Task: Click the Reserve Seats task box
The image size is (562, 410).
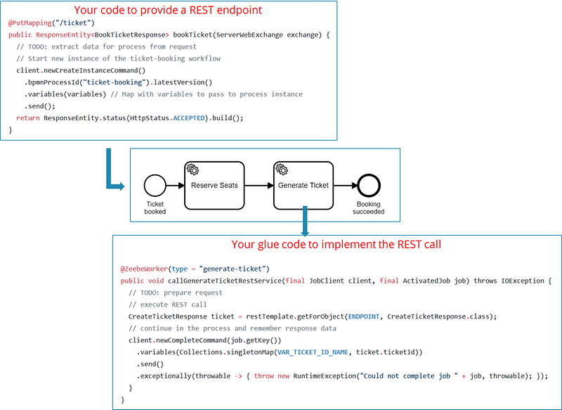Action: pos(214,186)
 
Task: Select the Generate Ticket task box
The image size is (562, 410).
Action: pos(303,186)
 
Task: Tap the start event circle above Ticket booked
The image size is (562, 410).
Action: pos(155,186)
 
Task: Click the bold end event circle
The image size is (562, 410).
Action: pos(368,186)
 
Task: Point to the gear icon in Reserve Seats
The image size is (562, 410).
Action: pos(192,169)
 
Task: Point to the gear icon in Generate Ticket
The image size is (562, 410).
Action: pos(281,169)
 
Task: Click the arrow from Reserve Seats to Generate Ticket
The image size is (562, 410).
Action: pos(259,186)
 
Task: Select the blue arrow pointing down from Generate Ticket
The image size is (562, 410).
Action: pos(304,222)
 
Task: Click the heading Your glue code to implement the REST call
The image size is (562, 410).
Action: pos(336,245)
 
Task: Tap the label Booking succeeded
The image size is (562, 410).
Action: pos(369,208)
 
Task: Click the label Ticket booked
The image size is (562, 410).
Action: pos(155,208)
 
